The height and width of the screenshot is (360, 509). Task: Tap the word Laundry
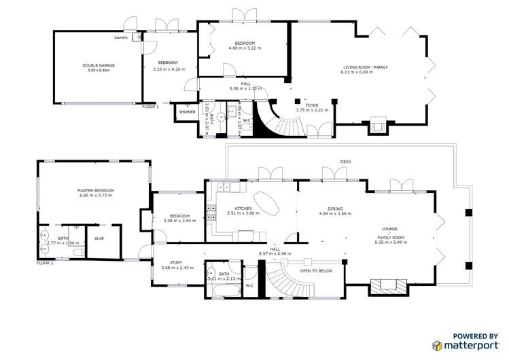[x=122, y=37]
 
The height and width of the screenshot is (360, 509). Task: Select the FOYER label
[x=311, y=105]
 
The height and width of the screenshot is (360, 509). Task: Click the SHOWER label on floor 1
[x=187, y=111]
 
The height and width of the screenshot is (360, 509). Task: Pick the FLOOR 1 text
[x=150, y=107]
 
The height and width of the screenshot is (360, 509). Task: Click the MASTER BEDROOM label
[x=95, y=190]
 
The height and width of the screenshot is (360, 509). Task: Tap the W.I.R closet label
[x=99, y=238]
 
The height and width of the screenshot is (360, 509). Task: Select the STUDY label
[x=176, y=262]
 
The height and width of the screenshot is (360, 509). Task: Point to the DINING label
[x=334, y=209]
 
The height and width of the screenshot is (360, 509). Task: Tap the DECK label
[x=345, y=162]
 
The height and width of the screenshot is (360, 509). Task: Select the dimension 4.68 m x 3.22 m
[x=243, y=48]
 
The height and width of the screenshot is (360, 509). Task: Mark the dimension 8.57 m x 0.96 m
[x=275, y=253]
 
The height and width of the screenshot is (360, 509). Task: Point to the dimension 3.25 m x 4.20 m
[x=169, y=69]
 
